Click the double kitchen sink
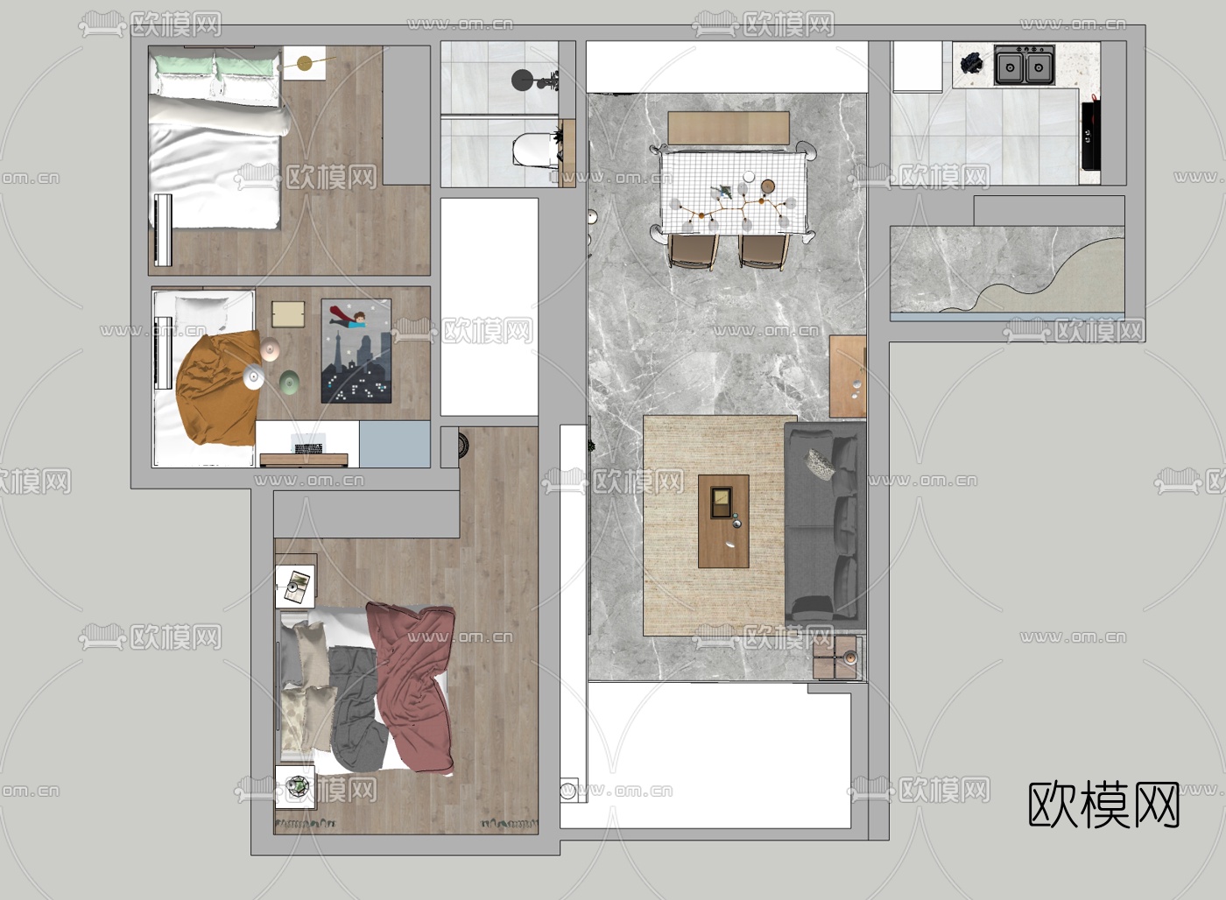pyautogui.click(x=1025, y=65)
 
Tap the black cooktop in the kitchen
pyautogui.click(x=1091, y=135)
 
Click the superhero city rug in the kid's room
pyautogui.click(x=356, y=351)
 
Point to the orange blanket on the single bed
pyautogui.click(x=218, y=388)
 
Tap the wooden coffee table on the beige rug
pyautogui.click(x=723, y=521)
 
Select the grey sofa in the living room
pyautogui.click(x=825, y=525)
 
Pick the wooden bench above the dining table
pyautogui.click(x=729, y=128)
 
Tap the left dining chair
pyautogui.click(x=693, y=251)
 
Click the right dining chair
pyautogui.click(x=764, y=251)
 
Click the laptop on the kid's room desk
pyautogui.click(x=309, y=444)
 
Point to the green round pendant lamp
pyautogui.click(x=289, y=381)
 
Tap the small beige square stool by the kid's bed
pyautogui.click(x=288, y=314)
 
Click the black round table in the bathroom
pyautogui.click(x=524, y=81)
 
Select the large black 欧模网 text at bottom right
pyautogui.click(x=1103, y=805)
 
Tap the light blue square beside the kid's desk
pyautogui.click(x=395, y=444)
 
